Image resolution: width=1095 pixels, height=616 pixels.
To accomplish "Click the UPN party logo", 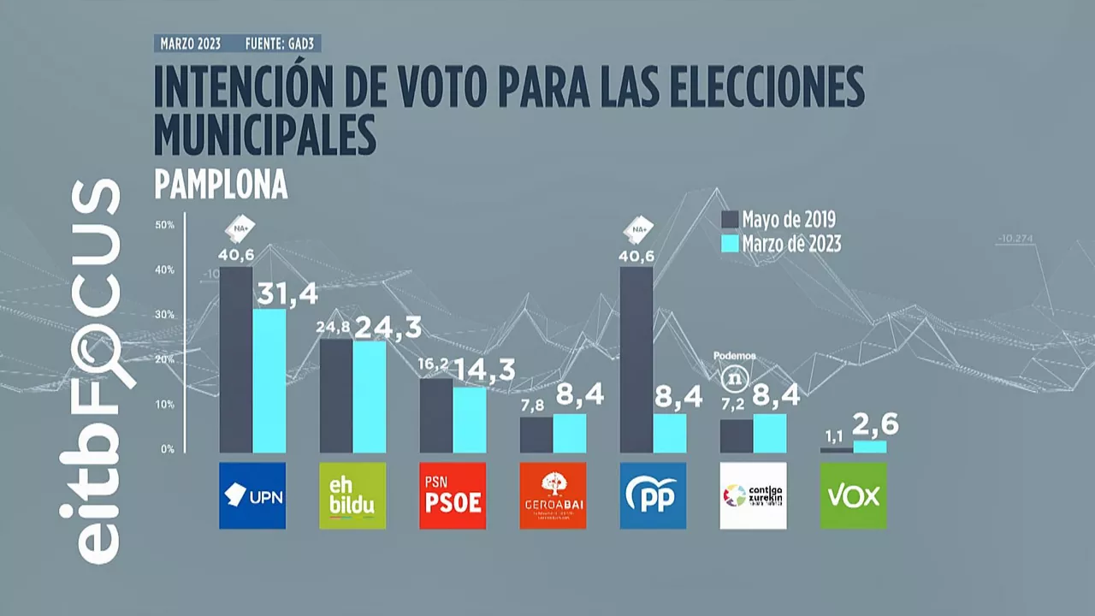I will tap(252, 495).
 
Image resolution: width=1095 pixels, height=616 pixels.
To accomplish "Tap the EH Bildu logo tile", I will tap(352, 495).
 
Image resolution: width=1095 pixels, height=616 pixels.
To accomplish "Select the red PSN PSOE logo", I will tap(453, 495).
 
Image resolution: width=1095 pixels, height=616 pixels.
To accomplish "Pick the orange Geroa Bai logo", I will tap(553, 495).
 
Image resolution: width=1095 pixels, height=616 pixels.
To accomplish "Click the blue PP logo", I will tap(653, 495).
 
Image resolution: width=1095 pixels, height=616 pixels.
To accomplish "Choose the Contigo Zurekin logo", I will tap(753, 495).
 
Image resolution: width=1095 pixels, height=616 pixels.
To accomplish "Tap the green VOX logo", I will tap(853, 495).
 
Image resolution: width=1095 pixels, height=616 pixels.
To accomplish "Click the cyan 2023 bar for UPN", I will tap(269, 381).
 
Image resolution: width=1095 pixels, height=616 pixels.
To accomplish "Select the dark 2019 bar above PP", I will tap(636, 359).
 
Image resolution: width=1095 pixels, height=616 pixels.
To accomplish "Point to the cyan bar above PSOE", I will tap(470, 419).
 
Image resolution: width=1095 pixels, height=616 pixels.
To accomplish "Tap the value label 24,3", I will tap(388, 327).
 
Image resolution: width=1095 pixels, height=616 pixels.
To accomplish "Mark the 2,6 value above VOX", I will tap(872, 425).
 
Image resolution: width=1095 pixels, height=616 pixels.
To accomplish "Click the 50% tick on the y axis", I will tap(164, 225).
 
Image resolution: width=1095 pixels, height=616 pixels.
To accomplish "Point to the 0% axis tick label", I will tap(167, 449).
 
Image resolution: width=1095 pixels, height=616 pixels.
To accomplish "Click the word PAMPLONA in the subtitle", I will tap(221, 185).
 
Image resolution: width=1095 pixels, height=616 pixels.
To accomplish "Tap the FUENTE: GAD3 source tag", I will tap(282, 44).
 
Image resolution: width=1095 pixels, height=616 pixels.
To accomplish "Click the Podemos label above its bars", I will tap(735, 356).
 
